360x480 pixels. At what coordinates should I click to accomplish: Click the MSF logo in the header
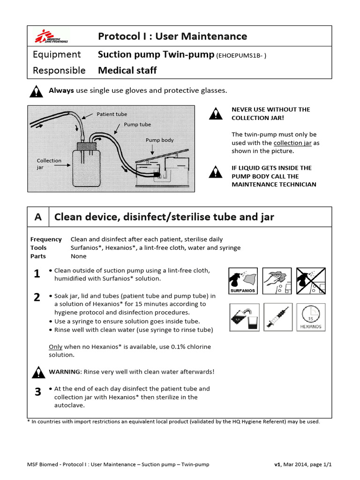point(51,36)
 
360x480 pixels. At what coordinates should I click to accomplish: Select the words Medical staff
point(127,71)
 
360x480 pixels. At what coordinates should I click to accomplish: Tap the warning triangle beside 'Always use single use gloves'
point(36,91)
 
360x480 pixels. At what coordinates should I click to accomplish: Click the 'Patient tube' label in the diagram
point(112,114)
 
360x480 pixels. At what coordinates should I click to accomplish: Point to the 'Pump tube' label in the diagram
point(137,125)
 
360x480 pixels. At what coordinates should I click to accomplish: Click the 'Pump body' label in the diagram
point(160,140)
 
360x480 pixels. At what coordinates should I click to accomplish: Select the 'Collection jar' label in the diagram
point(49,164)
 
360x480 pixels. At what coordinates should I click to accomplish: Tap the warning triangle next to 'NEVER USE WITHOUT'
point(216,113)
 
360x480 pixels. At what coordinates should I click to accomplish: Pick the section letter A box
point(38,217)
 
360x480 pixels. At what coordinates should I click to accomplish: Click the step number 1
point(37,275)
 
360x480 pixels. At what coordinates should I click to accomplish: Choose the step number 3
point(37,393)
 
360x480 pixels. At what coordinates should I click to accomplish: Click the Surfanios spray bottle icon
point(243,281)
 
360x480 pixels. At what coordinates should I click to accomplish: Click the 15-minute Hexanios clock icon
point(312,316)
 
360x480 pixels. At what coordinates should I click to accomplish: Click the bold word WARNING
point(65,372)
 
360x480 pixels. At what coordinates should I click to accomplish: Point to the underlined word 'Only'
point(56,347)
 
